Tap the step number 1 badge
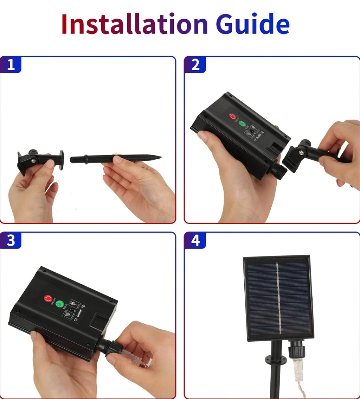(11, 65)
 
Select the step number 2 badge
(195, 65)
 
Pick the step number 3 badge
(11, 240)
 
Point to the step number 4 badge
(195, 240)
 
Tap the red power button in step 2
(232, 116)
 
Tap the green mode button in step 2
(243, 123)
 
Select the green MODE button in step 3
(59, 304)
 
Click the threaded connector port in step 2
(277, 172)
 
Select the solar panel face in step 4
(278, 298)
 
